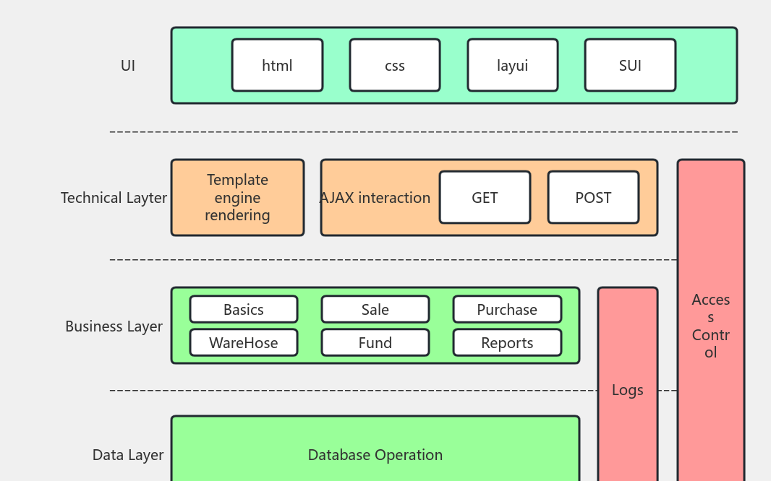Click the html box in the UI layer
tap(277, 66)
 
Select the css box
tap(395, 66)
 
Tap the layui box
tap(512, 66)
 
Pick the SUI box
tap(630, 66)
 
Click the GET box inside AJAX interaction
tap(485, 198)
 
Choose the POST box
tap(593, 198)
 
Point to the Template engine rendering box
tap(237, 198)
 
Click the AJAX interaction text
tap(375, 198)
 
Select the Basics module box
tap(244, 310)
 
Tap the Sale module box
tap(375, 310)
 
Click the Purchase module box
tap(507, 310)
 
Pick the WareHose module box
tap(244, 343)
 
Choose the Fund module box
tap(375, 343)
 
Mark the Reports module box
tap(507, 343)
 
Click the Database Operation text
tap(375, 455)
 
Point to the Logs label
tap(627, 390)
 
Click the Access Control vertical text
tap(711, 326)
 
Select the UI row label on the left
tap(128, 66)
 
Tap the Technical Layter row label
tap(114, 198)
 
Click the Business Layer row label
tap(114, 326)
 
